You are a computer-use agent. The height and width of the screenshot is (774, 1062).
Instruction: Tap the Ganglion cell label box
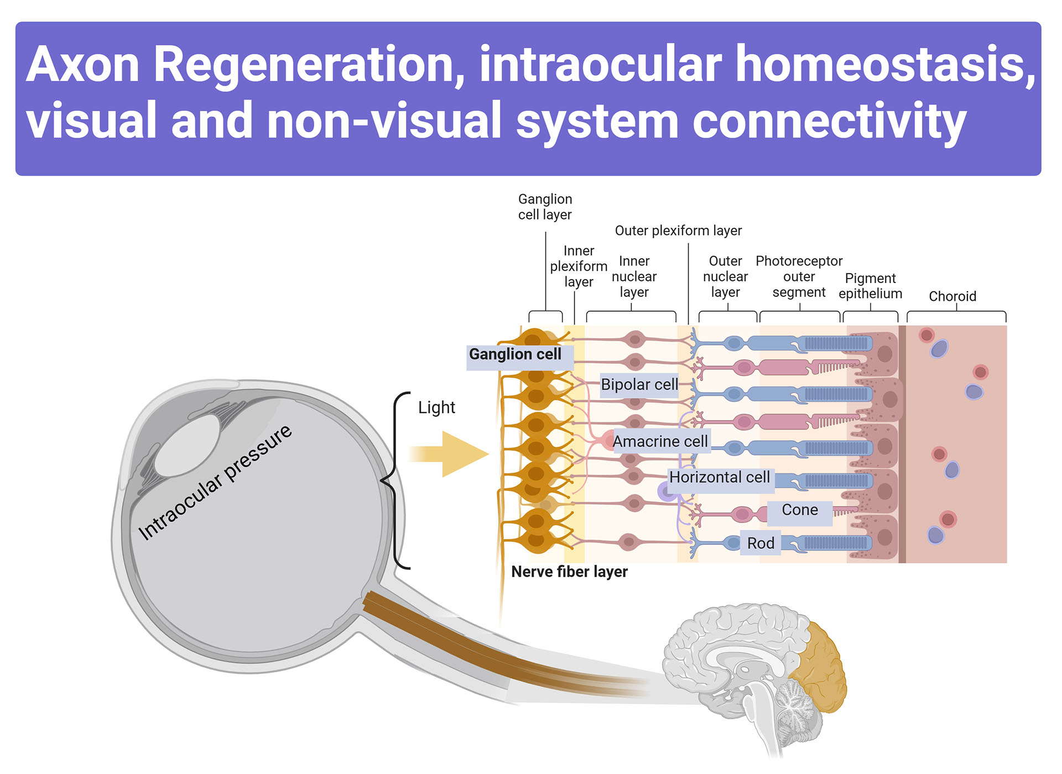coord(516,354)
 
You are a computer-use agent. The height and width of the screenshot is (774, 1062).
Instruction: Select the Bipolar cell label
coord(639,384)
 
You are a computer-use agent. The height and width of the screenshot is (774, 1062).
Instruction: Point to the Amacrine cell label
coord(660,441)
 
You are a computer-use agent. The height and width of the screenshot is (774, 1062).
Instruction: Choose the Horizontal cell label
coord(719,477)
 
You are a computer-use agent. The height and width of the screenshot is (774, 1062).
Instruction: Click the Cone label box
coord(799,510)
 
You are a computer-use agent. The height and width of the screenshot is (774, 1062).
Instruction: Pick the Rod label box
coord(761,543)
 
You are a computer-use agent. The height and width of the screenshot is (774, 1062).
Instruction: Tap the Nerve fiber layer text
coord(569,572)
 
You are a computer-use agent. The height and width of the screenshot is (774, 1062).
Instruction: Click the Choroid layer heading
coord(952,296)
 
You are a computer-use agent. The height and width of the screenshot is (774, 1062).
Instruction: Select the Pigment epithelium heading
coord(870,286)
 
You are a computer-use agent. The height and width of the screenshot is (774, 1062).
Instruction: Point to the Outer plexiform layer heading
coord(678,231)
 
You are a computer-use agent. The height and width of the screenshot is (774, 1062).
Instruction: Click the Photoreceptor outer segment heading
coord(799,276)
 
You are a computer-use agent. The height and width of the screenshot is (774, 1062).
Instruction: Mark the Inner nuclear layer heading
coord(634,276)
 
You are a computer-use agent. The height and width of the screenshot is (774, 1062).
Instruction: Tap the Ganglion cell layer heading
coord(545,207)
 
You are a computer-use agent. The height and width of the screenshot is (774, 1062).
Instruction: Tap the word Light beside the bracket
coord(436,407)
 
